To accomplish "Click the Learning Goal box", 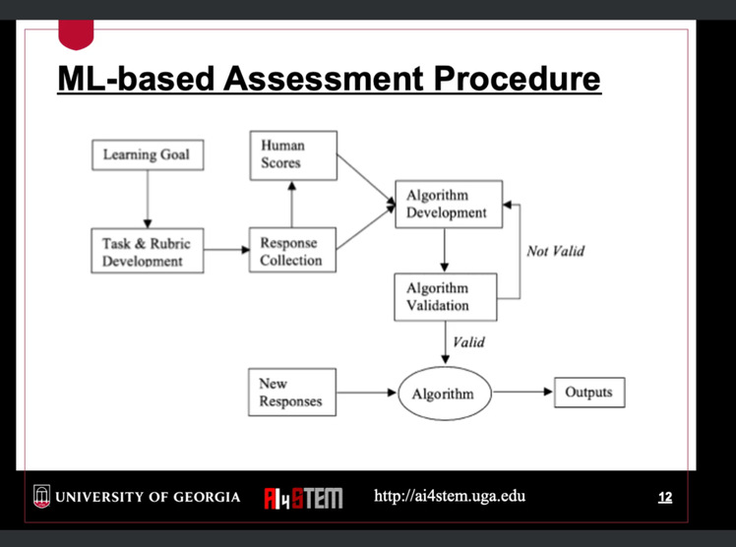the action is [x=148, y=154].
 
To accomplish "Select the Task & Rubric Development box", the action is [x=148, y=251].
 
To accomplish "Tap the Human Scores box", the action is [x=293, y=155].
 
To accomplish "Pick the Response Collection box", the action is [x=292, y=250].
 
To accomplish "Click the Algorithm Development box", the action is [x=449, y=204].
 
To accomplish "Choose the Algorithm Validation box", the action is [x=446, y=297].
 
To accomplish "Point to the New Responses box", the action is [x=292, y=393].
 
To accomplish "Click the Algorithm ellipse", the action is [x=445, y=394].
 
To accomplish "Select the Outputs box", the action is [x=589, y=393].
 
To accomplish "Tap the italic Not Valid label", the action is [x=555, y=251].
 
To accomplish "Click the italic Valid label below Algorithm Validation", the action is [x=468, y=342].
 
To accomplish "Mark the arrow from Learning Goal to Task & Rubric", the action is [x=148, y=200].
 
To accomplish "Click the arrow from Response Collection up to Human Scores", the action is [x=292, y=204].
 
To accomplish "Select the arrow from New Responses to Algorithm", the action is [x=367, y=393].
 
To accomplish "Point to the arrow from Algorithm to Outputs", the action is [x=522, y=392].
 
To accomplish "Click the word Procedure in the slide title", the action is [x=517, y=79].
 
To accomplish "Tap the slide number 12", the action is [x=665, y=497].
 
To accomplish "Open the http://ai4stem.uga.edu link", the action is [x=450, y=496].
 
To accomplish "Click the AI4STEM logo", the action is [x=303, y=498].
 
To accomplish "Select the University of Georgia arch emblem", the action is [x=41, y=497].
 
